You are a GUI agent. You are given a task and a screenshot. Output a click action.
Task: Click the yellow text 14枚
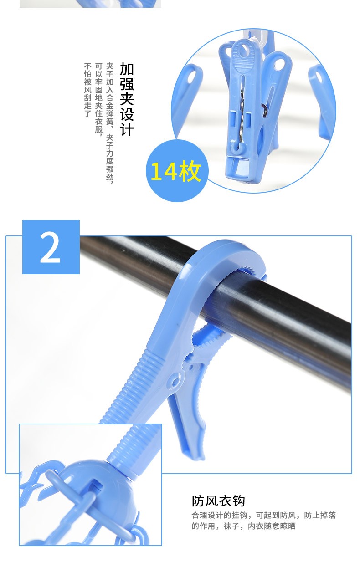(x=175, y=171)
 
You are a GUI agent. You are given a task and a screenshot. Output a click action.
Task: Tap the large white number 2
(x=50, y=247)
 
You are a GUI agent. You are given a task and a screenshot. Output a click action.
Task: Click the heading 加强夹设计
(x=127, y=99)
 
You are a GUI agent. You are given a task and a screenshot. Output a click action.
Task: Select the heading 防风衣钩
(x=218, y=501)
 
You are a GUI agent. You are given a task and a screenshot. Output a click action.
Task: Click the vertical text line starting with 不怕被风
(x=87, y=90)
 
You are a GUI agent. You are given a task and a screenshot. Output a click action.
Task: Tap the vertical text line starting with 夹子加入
(x=110, y=123)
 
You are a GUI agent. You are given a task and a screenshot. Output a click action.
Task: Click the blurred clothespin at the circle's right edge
(x=322, y=100)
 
